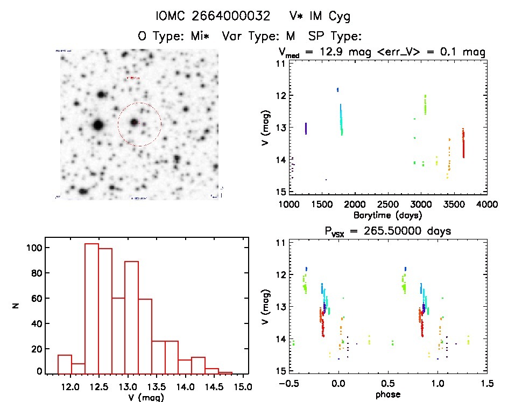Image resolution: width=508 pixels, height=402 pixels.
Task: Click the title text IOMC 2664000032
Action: (x=213, y=16)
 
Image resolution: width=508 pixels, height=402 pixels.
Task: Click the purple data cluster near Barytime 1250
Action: (x=306, y=128)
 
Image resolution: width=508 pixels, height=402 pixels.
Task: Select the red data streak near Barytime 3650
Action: (x=463, y=143)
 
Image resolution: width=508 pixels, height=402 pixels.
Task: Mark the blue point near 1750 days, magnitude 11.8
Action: (x=337, y=89)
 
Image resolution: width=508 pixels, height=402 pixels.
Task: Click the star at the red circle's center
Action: (x=134, y=122)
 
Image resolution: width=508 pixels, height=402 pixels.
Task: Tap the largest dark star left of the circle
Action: (x=97, y=125)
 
